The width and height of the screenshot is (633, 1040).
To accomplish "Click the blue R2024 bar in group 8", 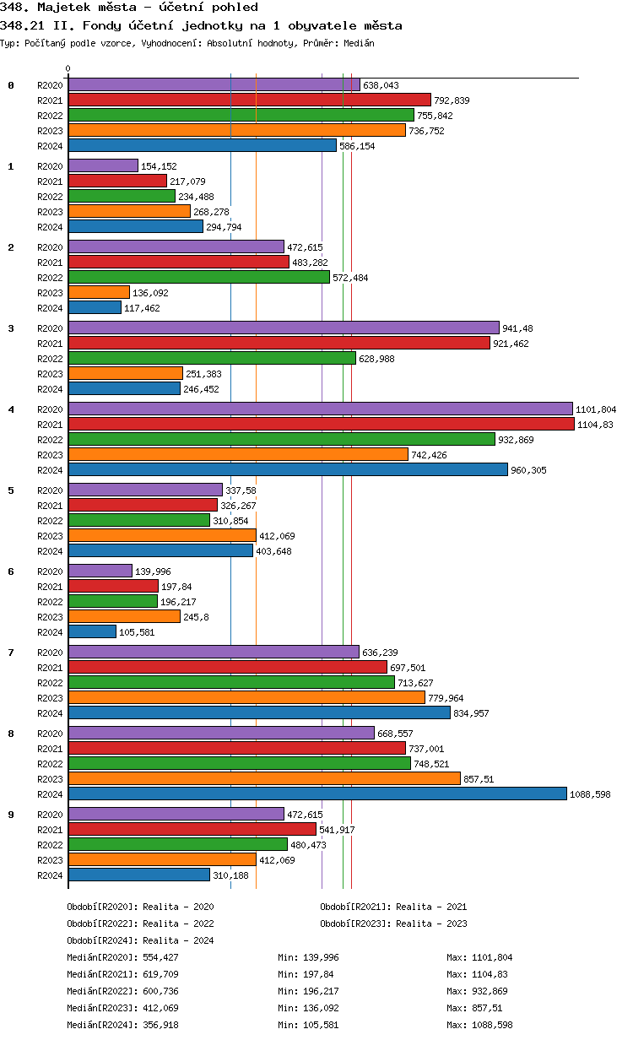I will pyautogui.click(x=316, y=794).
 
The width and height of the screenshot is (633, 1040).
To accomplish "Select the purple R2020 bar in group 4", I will pyautogui.click(x=320, y=409).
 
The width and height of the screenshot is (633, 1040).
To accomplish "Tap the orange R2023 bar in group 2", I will pyautogui.click(x=99, y=292).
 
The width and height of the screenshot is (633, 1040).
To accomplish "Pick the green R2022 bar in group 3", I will pyautogui.click(x=212, y=358).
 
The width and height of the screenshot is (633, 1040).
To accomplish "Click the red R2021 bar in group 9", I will pyautogui.click(x=192, y=829).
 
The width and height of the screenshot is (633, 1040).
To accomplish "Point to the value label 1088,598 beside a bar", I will pyautogui.click(x=590, y=794).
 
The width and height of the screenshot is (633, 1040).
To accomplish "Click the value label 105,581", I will pyautogui.click(x=138, y=632).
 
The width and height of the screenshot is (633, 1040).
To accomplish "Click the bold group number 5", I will pyautogui.click(x=11, y=490).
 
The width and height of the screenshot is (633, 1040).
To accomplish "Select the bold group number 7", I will pyautogui.click(x=11, y=652).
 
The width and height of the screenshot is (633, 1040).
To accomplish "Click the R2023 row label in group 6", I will pyautogui.click(x=50, y=617).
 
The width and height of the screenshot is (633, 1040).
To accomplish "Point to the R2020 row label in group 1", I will pyautogui.click(x=50, y=166).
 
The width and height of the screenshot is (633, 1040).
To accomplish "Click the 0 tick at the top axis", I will pyautogui.click(x=68, y=69).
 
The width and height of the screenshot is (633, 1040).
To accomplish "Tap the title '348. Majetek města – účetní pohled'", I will pyautogui.click(x=129, y=8).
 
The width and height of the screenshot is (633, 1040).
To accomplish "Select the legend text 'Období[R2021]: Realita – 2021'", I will pyautogui.click(x=393, y=907).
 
